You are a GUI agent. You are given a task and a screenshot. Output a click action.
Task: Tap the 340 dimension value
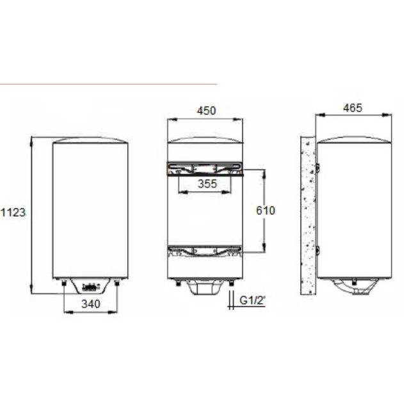92,305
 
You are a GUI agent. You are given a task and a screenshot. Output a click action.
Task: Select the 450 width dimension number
205,110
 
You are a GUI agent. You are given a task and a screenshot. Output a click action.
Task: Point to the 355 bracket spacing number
206,184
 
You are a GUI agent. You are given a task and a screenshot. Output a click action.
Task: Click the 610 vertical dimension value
265,211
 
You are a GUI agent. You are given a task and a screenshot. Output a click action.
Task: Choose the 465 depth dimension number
352,108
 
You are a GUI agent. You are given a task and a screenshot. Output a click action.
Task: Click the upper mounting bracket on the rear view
205,169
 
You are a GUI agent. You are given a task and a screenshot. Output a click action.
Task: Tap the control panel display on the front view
92,286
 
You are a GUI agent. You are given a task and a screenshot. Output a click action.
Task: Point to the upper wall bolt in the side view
316,169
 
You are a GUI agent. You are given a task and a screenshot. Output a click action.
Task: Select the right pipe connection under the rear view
229,282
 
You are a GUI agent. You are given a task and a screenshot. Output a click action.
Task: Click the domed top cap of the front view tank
90,140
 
